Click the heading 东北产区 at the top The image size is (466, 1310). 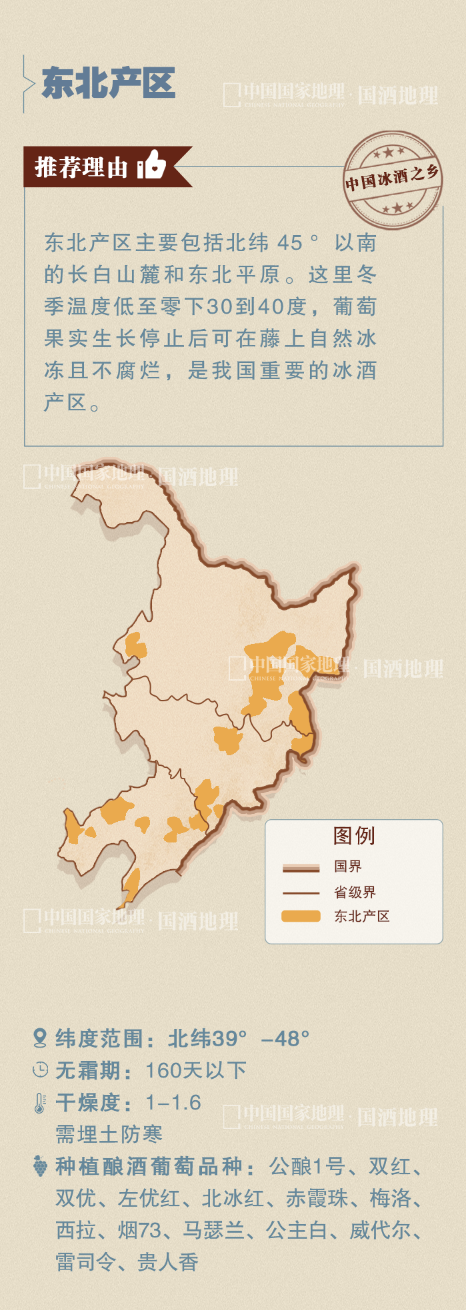coord(109,83)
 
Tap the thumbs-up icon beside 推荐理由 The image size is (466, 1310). coord(152,164)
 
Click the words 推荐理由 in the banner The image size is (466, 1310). coord(81,166)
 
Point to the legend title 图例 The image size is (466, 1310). coord(354,835)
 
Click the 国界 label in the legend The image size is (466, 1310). coord(348,866)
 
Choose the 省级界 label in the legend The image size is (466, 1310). coord(355,892)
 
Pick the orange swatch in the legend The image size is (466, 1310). coord(301,916)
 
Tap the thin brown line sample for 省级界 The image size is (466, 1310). coord(301,892)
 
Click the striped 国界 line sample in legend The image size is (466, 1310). coord(301,867)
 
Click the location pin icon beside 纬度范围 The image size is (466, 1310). coord(40,1038)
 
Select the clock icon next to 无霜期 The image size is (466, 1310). coord(40,1070)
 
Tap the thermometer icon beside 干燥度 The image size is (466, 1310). coord(40,1103)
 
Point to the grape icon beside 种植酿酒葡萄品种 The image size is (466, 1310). coord(40,1166)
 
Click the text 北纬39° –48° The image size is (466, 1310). coord(238,1038)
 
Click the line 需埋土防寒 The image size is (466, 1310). coord(109,1134)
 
